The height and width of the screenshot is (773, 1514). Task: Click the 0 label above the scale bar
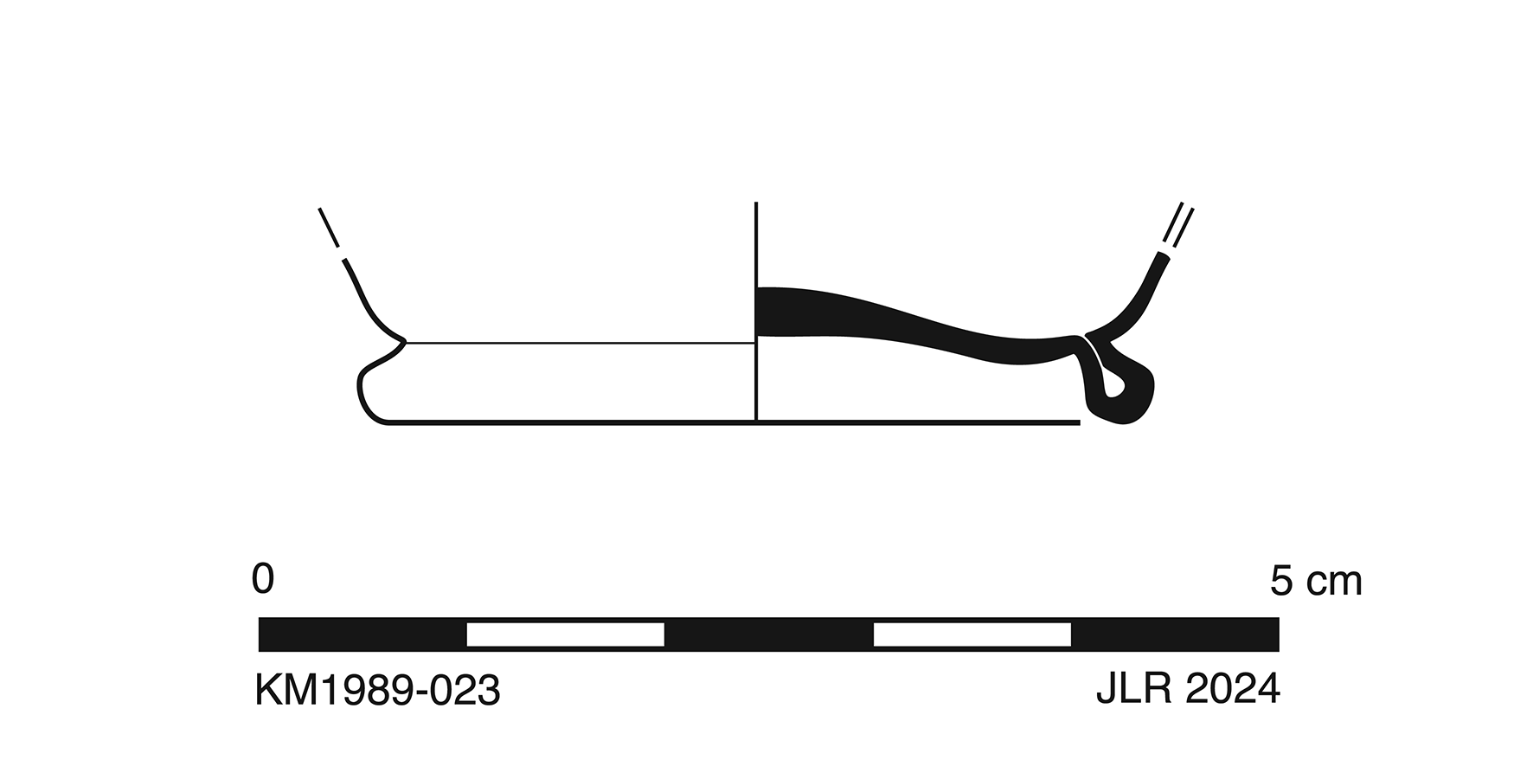(263, 578)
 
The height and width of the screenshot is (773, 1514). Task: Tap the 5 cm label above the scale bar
(1316, 580)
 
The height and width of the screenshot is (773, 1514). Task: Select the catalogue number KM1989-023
(377, 691)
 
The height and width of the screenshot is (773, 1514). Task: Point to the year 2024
(1233, 690)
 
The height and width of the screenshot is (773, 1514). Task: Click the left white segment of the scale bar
(566, 635)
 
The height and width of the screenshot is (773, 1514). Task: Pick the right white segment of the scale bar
(972, 635)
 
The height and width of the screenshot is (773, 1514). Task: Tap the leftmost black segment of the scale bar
(362, 635)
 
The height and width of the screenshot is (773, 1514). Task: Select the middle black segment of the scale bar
(769, 635)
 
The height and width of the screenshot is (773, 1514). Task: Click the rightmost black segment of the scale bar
(1175, 635)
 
